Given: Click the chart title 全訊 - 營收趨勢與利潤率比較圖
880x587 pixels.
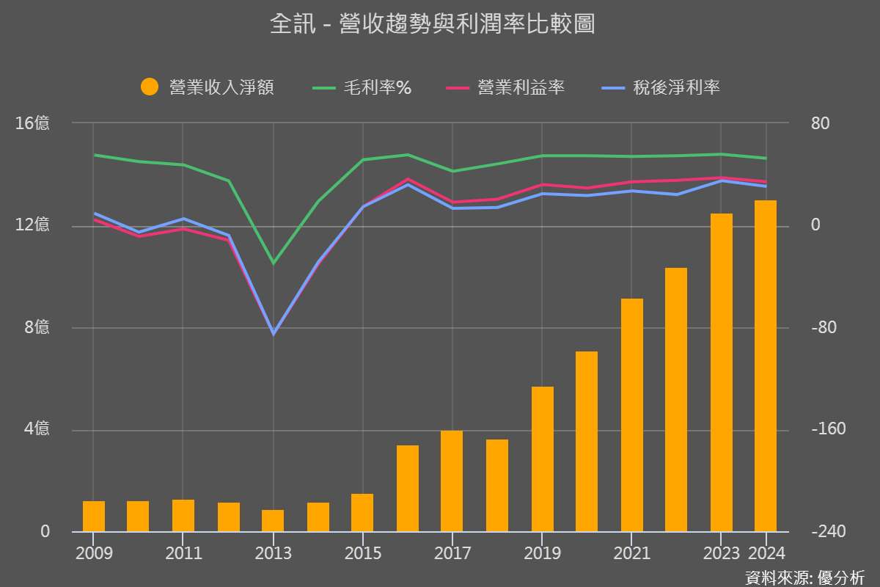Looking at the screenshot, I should point(432,24).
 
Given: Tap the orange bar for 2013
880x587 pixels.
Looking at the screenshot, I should point(273,520).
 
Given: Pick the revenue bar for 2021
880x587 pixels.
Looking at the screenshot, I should point(631,415).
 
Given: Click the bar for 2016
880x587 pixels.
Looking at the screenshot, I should point(408,488).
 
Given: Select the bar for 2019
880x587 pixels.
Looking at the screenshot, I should point(542,459).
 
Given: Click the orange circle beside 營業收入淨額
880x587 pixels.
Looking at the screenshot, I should point(150,87).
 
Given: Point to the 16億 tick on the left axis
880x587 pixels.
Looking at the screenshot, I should point(32,123).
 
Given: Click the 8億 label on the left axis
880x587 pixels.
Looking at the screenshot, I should point(37,327).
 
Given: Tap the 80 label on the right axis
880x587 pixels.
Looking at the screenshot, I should point(820,123).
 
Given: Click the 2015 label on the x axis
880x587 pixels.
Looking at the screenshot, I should point(363,553).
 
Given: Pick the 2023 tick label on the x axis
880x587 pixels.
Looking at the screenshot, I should point(721,553).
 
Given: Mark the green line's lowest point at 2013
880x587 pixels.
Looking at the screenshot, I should point(274,263).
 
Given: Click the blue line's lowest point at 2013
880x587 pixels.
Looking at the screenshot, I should point(274,334).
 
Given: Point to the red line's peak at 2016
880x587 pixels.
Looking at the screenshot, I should point(408,179).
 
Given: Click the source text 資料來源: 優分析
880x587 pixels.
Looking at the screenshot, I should point(804,577).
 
